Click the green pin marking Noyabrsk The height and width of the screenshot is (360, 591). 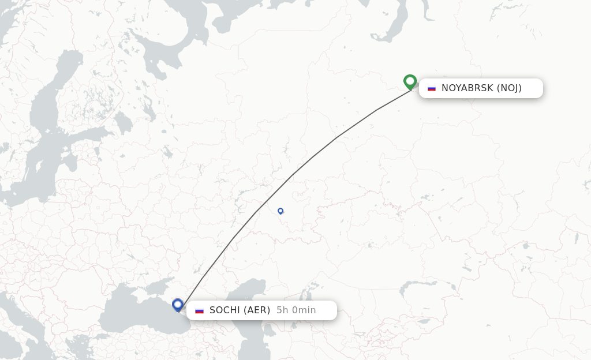point(410,82)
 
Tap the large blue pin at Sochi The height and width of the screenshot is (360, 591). point(178,305)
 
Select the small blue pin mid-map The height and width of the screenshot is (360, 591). point(280,211)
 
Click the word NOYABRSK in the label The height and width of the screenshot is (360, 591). point(467,88)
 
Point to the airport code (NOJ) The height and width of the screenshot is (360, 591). point(509,88)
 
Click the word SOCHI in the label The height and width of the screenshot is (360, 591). point(225,310)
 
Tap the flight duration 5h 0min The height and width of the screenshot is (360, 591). point(296,310)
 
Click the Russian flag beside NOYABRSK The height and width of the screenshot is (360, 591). point(432,88)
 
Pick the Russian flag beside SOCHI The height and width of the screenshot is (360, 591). point(200,310)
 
